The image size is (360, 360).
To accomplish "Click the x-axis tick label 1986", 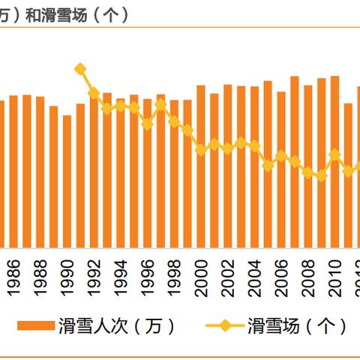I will [x=14, y=278].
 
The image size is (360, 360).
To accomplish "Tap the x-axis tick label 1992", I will [x=94, y=278].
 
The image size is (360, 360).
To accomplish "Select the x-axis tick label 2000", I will [x=202, y=278].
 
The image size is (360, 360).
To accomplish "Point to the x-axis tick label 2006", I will [x=282, y=278].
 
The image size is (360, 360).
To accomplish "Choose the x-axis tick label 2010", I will [x=335, y=278].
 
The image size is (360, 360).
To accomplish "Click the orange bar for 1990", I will [x=67, y=181].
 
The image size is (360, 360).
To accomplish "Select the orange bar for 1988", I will [x=40, y=172].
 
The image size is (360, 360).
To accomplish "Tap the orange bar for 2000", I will [x=201, y=166].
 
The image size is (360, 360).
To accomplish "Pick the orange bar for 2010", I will [x=334, y=161].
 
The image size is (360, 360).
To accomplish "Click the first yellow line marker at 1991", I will [x=81, y=69].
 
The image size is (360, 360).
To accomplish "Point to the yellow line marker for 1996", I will [x=148, y=124].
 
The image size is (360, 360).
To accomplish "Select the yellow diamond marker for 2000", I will [x=201, y=150].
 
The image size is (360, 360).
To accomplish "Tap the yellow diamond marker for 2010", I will [x=334, y=155].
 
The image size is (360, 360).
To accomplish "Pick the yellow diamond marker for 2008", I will [x=308, y=173].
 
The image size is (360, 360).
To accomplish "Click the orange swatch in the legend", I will [x=37, y=325].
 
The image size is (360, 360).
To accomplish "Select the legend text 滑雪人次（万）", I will [x=117, y=325].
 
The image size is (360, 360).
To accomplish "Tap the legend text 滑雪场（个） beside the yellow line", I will [x=297, y=325].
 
